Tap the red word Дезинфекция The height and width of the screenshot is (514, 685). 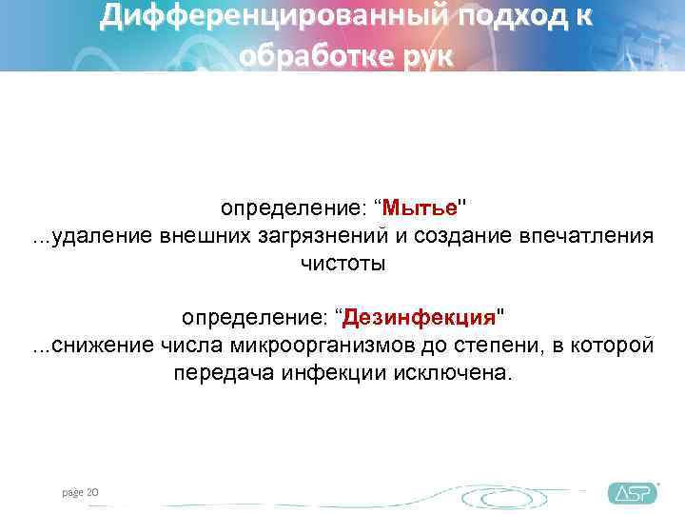tap(421, 315)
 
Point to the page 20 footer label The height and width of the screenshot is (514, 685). tap(81, 491)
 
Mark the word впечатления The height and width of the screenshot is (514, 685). tap(594, 236)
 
